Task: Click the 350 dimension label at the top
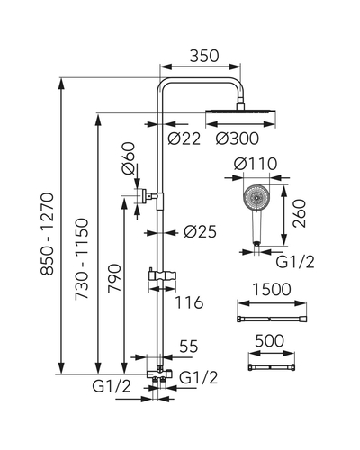[204, 56]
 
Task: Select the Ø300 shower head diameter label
[238, 139]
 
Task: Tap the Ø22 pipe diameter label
[184, 139]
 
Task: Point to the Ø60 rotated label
[129, 158]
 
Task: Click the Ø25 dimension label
[200, 231]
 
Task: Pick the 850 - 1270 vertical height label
[48, 234]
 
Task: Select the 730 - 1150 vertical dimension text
[82, 258]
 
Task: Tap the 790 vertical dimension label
[115, 277]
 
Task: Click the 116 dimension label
[189, 302]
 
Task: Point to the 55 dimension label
[189, 346]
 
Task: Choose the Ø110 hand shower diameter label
[256, 164]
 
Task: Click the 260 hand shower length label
[300, 213]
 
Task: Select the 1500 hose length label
[272, 290]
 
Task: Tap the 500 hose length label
[269, 341]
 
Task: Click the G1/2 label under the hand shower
[295, 262]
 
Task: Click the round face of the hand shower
[256, 197]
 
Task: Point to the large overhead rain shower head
[240, 112]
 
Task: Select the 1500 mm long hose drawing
[272, 319]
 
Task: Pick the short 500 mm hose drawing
[272, 367]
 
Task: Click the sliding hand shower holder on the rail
[162, 275]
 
